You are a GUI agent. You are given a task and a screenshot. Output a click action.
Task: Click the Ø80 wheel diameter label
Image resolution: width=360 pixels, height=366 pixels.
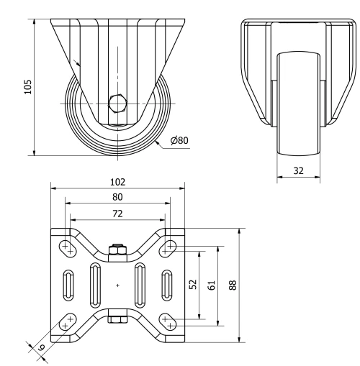(x=179, y=140)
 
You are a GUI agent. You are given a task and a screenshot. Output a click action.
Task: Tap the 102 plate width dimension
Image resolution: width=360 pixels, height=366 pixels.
(x=117, y=183)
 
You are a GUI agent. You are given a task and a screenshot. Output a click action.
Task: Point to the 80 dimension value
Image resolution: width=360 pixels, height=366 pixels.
(x=117, y=196)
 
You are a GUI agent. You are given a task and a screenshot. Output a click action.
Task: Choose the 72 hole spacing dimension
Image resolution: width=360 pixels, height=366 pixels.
(x=117, y=214)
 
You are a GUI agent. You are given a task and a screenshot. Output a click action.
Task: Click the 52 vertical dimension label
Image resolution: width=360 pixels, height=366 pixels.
(x=192, y=285)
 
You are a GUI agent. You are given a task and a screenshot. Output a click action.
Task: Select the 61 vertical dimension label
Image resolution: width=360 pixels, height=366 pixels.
(x=211, y=285)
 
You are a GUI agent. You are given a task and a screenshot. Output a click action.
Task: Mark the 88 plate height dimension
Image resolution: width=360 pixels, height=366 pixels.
(x=232, y=285)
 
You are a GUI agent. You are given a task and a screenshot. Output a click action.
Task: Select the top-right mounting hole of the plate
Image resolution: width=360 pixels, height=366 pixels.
(x=168, y=247)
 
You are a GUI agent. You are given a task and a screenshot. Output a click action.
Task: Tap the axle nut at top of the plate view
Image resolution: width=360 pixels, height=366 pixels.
(x=117, y=251)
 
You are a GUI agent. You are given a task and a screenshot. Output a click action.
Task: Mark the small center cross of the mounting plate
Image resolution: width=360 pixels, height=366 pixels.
(x=117, y=285)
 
